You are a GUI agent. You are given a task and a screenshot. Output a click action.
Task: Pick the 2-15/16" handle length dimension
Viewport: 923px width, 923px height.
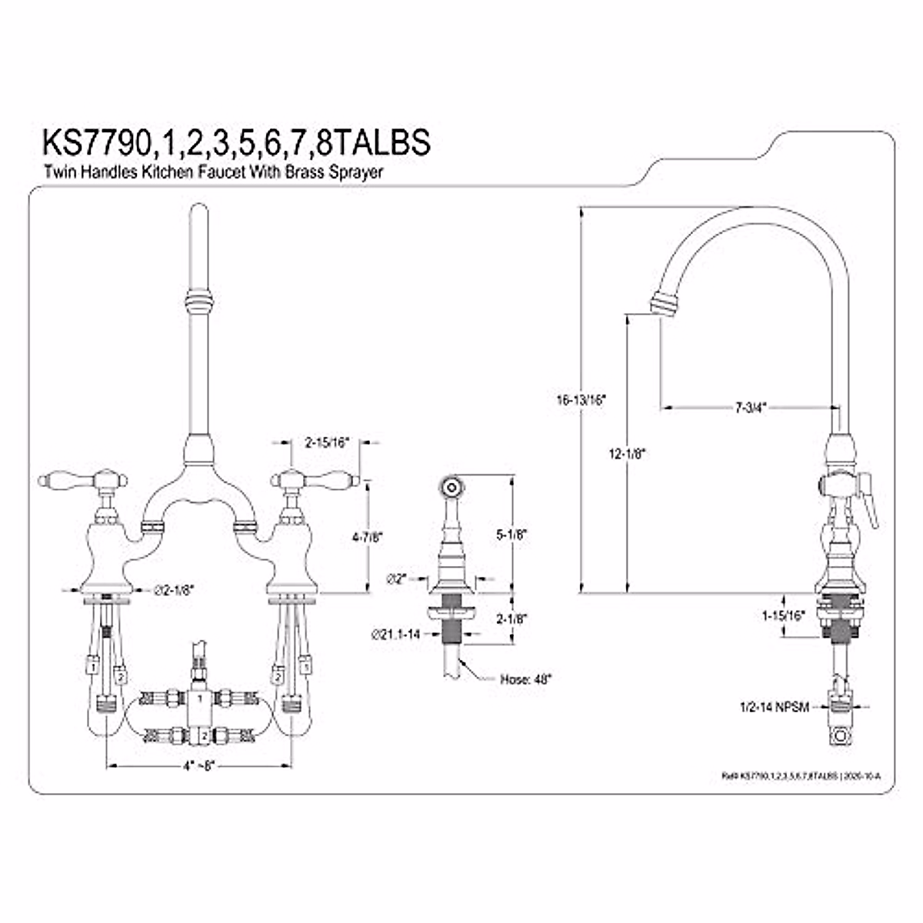(327, 442)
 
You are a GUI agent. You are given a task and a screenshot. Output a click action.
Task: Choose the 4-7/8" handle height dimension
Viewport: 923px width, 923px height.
(368, 538)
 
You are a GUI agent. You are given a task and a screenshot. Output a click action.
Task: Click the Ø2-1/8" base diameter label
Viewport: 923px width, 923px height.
(175, 589)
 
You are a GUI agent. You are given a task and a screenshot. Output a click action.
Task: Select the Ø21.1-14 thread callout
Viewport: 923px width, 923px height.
(395, 635)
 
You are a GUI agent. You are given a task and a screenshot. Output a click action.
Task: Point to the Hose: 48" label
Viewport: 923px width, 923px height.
(526, 679)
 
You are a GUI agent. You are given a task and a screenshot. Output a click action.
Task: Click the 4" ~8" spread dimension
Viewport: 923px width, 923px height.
(198, 766)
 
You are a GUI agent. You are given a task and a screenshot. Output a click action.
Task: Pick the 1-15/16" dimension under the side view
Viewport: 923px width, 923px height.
(781, 615)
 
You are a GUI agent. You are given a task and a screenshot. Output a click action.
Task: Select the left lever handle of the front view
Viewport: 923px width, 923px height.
(62, 481)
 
